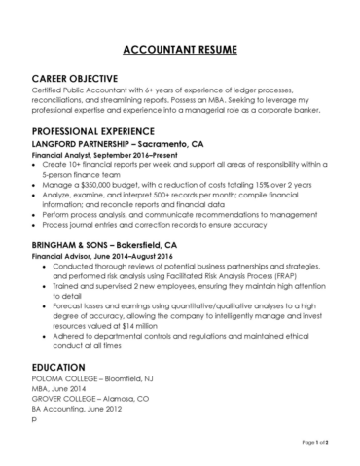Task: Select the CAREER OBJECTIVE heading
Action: tap(75, 77)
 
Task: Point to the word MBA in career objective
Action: tap(220, 99)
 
